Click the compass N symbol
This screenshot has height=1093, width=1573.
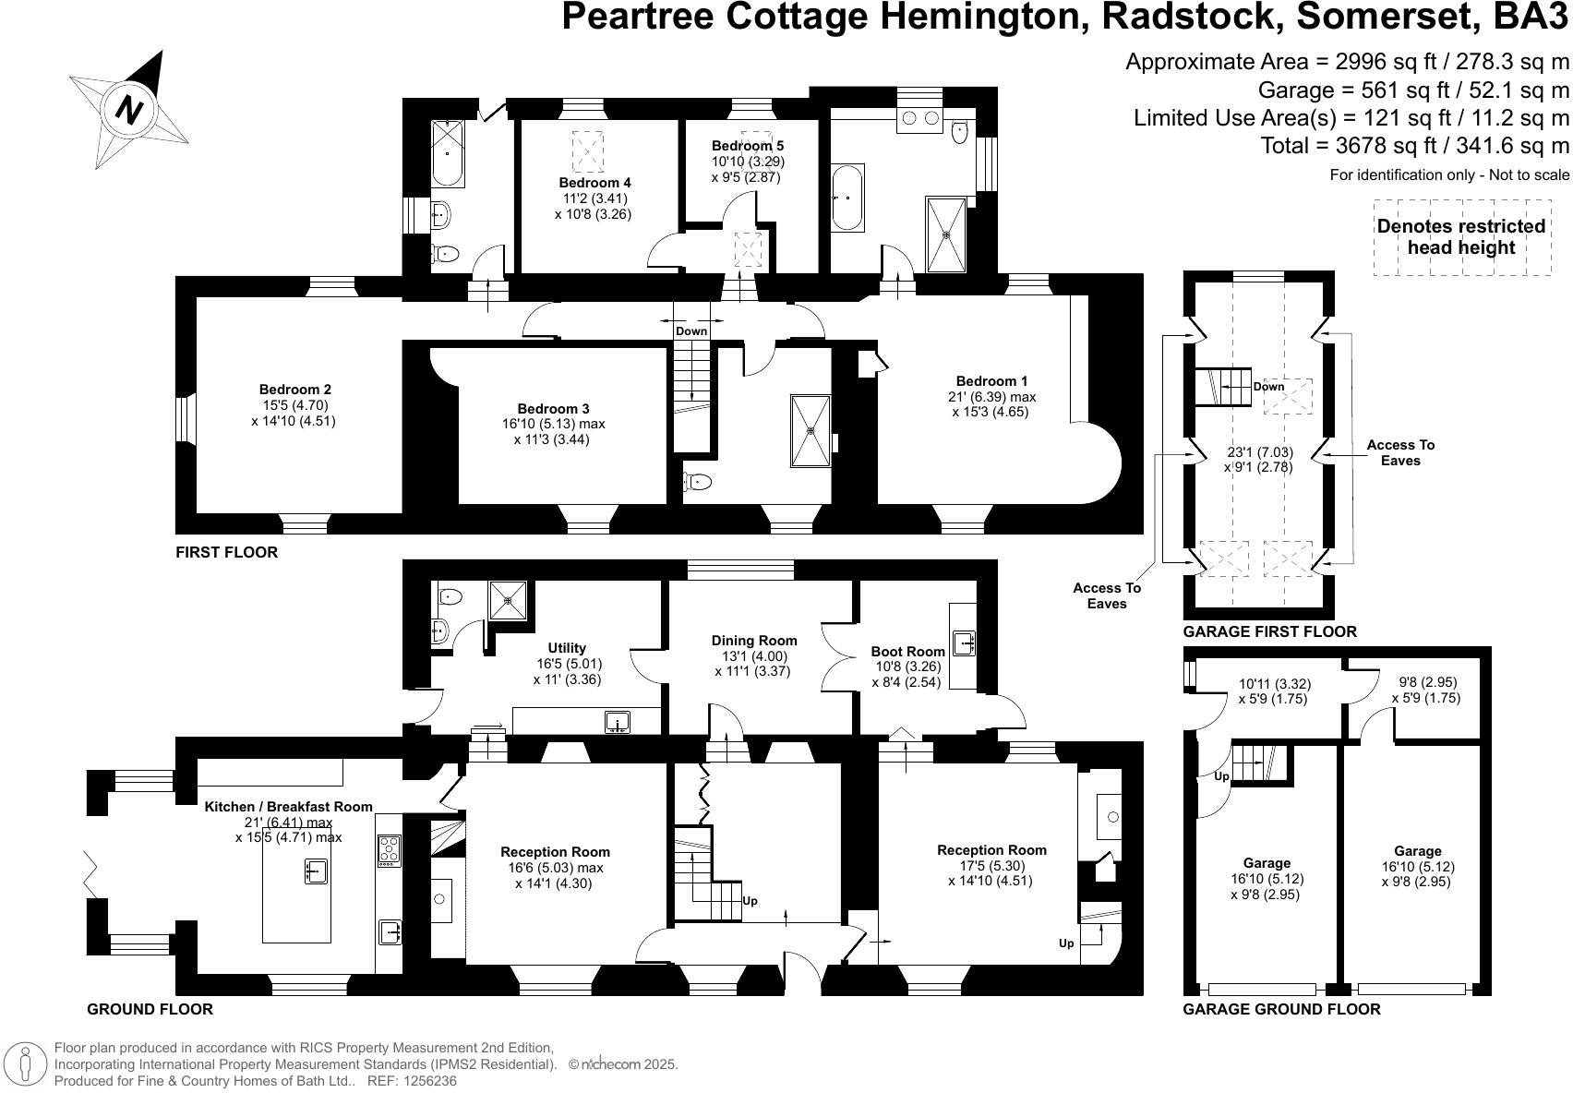tap(130, 110)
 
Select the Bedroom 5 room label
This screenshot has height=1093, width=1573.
tap(747, 146)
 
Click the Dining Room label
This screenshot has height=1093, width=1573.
tap(753, 641)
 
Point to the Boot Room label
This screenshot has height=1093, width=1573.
tap(907, 652)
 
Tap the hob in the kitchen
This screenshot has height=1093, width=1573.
tap(389, 849)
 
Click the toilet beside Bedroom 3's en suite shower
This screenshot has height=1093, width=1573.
tap(699, 481)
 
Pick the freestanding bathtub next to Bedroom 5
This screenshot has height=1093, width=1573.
tap(847, 198)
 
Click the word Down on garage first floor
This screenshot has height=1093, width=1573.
tap(1268, 387)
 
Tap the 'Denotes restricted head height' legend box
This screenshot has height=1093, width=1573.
tap(1460, 236)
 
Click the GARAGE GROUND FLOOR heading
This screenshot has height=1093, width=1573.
tap(1281, 1009)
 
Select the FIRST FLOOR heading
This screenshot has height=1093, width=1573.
tap(226, 552)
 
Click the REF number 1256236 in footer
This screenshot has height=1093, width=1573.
tap(426, 1081)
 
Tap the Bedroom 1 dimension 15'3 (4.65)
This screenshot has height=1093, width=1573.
tap(990, 412)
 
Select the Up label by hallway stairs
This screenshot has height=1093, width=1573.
tap(750, 900)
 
